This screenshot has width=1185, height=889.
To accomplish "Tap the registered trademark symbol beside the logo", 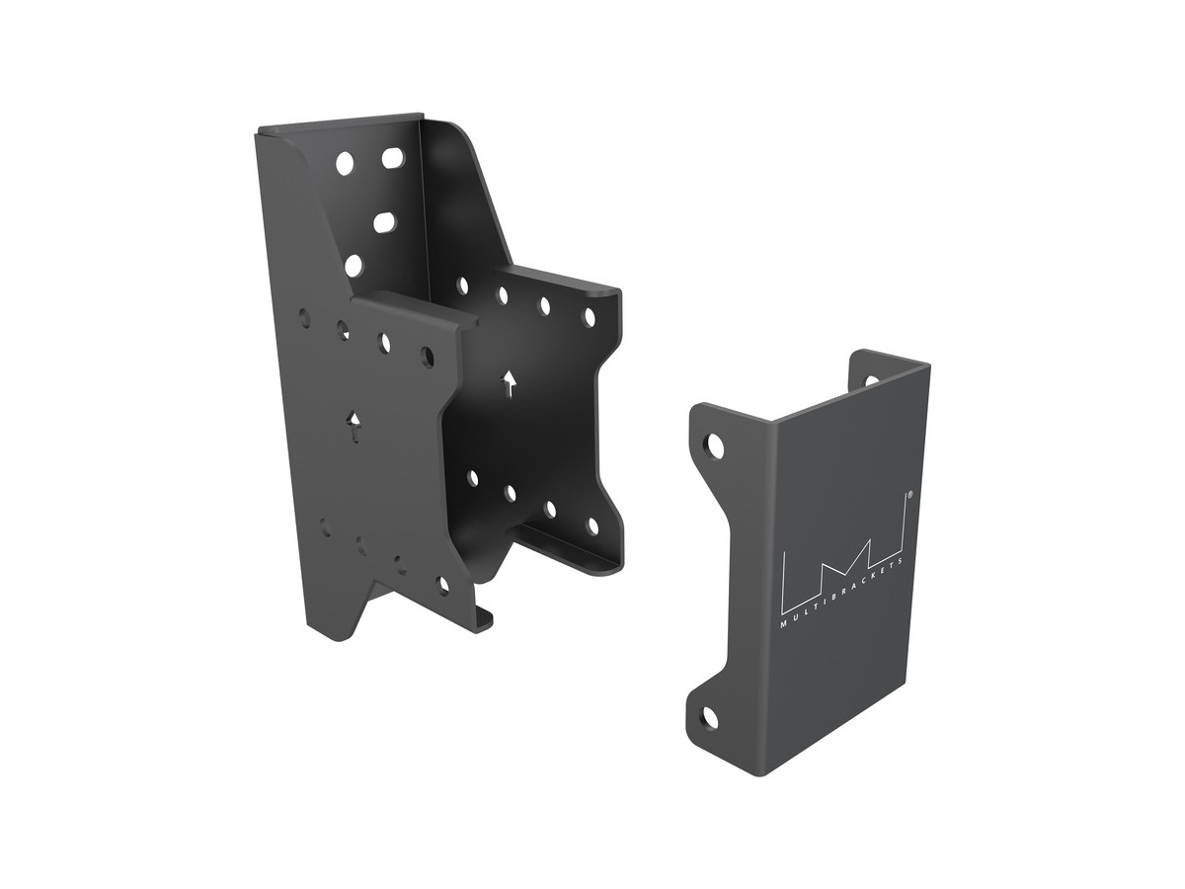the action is (x=909, y=493).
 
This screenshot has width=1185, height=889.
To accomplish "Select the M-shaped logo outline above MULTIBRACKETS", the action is (x=843, y=555).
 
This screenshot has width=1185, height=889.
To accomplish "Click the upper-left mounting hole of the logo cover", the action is (x=716, y=445).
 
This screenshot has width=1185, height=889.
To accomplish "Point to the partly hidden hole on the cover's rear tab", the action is (x=871, y=380).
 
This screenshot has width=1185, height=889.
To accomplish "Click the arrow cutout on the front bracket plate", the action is (x=355, y=427).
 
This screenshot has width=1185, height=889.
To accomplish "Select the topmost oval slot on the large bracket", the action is (x=393, y=158).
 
